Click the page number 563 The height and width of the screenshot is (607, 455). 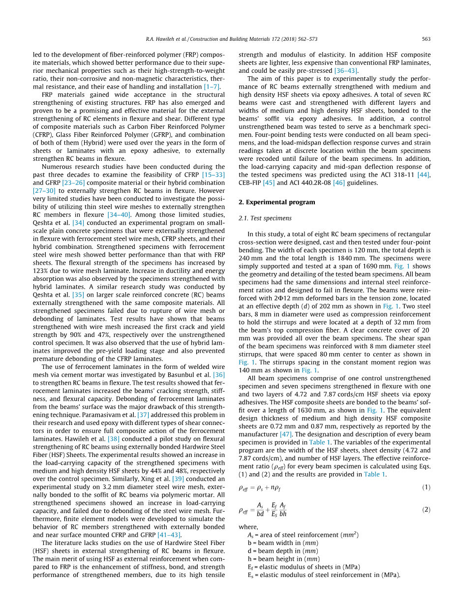(426, 39)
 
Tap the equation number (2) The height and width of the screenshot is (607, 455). (426, 510)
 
